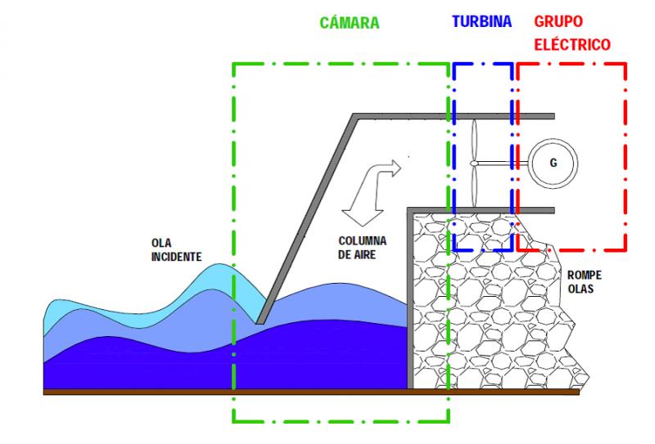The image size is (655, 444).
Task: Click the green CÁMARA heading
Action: [350, 22]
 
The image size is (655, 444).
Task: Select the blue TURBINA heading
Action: [481, 21]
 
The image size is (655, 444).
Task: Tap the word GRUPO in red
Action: [558, 21]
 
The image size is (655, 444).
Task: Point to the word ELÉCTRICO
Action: [572, 44]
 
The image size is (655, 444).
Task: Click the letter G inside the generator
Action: [553, 163]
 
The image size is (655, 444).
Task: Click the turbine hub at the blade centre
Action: [474, 164]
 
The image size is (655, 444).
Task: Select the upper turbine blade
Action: [474, 141]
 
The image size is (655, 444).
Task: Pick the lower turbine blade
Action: [474, 186]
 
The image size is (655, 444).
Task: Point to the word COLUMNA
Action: [362, 240]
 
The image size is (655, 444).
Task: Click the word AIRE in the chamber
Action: [364, 254]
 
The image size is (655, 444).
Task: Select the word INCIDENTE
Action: [176, 257]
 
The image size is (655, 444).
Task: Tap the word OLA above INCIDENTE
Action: [161, 243]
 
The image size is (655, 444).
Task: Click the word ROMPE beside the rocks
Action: [585, 275]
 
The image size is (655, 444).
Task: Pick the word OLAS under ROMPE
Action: [580, 289]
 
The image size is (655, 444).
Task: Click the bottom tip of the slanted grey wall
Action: [260, 322]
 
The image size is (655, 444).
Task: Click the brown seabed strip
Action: [311, 392]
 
